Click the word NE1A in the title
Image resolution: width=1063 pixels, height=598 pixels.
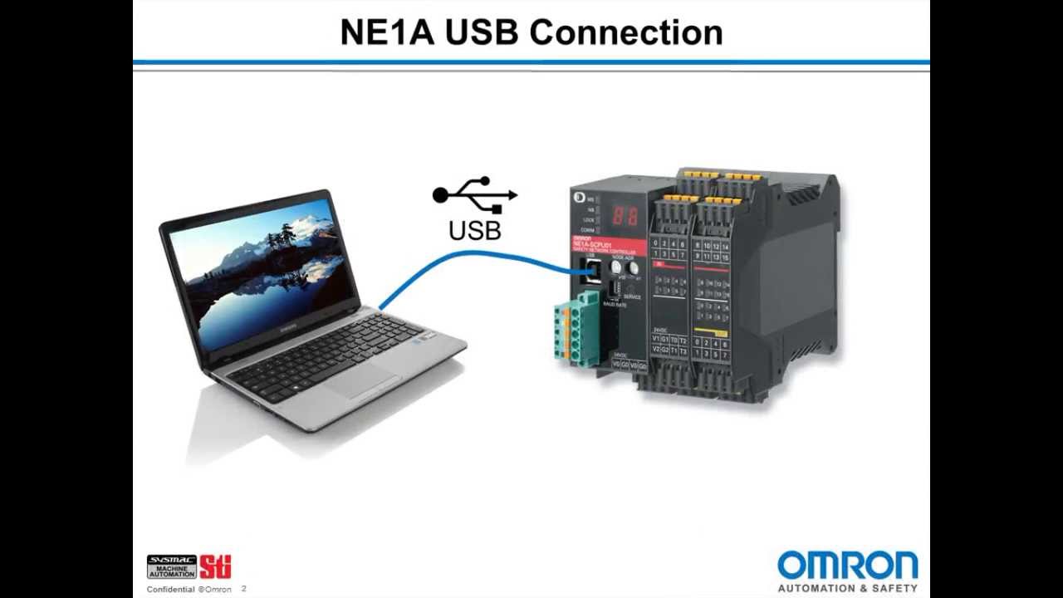(388, 32)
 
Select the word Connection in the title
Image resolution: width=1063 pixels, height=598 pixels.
(625, 32)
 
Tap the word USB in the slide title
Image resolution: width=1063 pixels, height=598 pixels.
(483, 32)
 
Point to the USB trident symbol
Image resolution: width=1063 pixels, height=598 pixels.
(475, 195)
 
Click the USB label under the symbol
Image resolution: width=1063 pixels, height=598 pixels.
(475, 230)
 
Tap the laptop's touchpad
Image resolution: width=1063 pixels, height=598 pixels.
(362, 380)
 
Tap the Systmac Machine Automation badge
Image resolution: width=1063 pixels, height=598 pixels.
(172, 566)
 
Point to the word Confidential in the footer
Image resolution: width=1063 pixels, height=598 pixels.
(171, 590)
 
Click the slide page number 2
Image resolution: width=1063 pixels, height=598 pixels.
(244, 589)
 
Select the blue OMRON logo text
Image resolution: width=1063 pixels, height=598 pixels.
(848, 566)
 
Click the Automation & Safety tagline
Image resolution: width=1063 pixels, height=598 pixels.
(848, 588)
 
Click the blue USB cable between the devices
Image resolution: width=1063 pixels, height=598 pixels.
(465, 259)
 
